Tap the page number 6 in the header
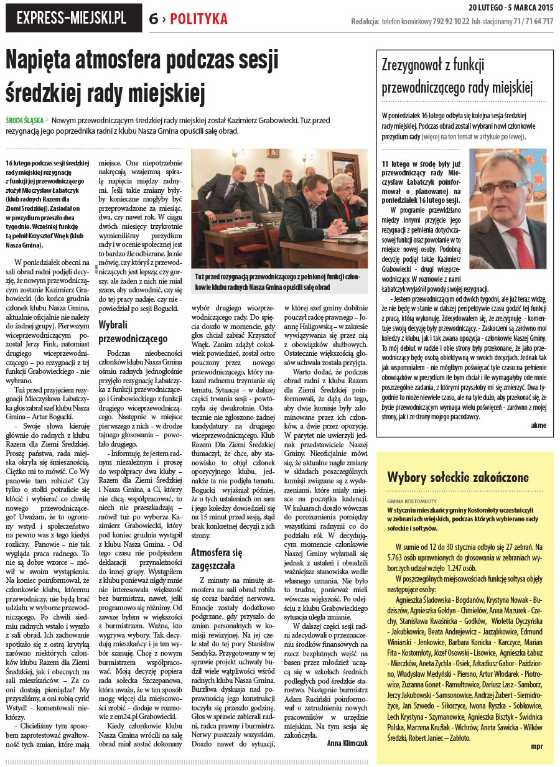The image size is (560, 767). click(153, 19)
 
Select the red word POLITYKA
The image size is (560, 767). click(199, 19)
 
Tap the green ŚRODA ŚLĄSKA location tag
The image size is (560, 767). click(25, 121)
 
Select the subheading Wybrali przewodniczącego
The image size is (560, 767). click(133, 332)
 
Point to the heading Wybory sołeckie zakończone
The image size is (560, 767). click(457, 478)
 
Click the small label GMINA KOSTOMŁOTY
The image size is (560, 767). click(411, 501)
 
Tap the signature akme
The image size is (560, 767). click(538, 425)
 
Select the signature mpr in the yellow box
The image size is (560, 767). click(537, 745)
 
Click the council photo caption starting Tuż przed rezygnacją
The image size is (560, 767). click(278, 281)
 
